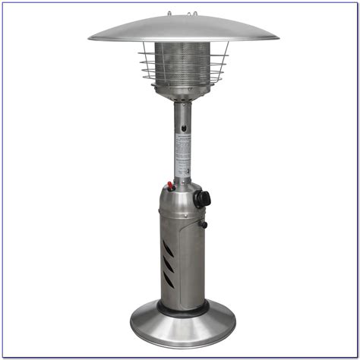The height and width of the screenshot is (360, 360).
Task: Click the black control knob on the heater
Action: pos(201,199)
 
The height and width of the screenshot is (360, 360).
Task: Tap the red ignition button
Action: pos(169,185)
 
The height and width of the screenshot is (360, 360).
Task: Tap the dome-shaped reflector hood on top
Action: pos(183,28)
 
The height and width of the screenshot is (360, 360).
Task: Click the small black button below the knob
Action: pos(203,224)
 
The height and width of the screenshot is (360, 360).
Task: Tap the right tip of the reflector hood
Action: pos(276,36)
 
